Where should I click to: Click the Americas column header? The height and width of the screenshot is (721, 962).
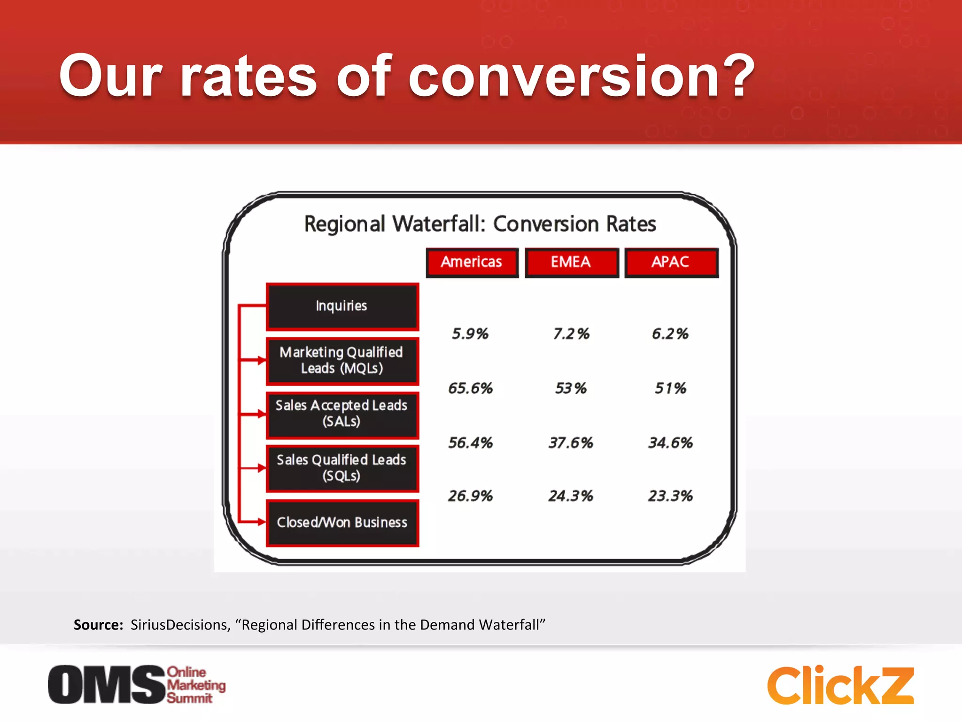[x=472, y=262]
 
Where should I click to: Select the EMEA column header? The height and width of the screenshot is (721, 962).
[x=571, y=262]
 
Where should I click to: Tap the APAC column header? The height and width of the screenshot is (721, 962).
[x=671, y=262]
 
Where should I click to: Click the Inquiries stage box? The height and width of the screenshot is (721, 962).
[x=342, y=306]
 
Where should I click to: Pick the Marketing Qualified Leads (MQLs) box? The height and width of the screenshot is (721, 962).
[x=342, y=360]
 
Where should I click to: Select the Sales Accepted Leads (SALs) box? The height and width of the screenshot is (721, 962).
[x=342, y=414]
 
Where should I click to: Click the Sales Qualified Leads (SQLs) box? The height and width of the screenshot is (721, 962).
[x=342, y=468]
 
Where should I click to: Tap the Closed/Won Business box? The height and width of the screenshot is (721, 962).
[x=342, y=522]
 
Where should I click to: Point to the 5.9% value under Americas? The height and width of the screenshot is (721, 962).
[x=470, y=334]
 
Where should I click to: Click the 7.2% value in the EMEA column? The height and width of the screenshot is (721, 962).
[x=571, y=334]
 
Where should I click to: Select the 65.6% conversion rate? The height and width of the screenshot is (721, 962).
[x=470, y=388]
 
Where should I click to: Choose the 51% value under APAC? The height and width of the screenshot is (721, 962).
[x=671, y=388]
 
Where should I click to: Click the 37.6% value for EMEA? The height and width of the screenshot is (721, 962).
[x=571, y=443]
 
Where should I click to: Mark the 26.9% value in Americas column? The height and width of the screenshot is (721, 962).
[x=470, y=496]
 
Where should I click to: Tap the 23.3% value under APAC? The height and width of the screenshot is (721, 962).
[x=671, y=496]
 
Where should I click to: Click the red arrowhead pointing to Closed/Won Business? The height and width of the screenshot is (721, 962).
[x=261, y=522]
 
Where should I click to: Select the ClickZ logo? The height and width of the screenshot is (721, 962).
[x=840, y=685]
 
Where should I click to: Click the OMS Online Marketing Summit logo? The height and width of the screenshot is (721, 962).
[x=136, y=684]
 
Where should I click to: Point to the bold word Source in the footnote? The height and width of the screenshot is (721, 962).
[x=98, y=625]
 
